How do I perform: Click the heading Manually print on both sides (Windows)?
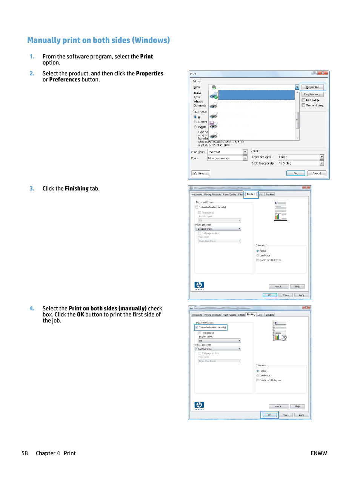click(98, 40)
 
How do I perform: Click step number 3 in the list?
click(32, 189)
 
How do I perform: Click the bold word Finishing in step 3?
click(77, 189)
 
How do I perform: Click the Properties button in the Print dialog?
click(312, 87)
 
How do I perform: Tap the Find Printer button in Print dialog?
click(312, 94)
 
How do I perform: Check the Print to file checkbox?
click(303, 100)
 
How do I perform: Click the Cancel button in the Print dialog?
click(317, 173)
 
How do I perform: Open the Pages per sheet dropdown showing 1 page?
click(322, 157)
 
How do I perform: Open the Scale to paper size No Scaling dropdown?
click(322, 163)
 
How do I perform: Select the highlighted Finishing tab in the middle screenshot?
click(251, 194)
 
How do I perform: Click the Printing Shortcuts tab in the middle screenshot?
click(212, 195)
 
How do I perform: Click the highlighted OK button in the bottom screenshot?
click(270, 415)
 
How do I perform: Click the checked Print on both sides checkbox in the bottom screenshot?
click(197, 327)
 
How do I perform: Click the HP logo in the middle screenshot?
click(199, 285)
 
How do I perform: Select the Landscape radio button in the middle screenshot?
click(258, 255)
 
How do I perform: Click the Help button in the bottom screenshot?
click(297, 407)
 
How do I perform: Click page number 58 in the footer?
click(25, 453)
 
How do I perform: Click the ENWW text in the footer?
click(318, 453)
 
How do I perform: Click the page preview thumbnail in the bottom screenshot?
click(280, 331)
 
